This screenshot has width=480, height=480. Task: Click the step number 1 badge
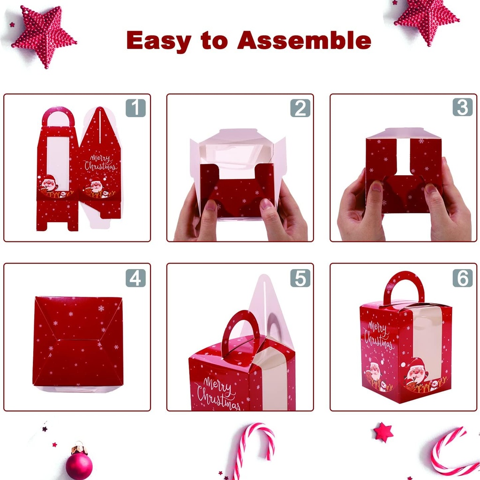pyautogui.click(x=135, y=108)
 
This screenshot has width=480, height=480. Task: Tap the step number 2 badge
pyautogui.click(x=300, y=108)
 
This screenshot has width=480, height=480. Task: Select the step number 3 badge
pyautogui.click(x=462, y=108)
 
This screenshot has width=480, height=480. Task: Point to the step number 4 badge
pyautogui.click(x=135, y=278)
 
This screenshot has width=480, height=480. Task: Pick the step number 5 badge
pyautogui.click(x=300, y=278)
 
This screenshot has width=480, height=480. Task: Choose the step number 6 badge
pyautogui.click(x=462, y=278)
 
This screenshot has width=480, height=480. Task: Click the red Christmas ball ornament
pyautogui.click(x=79, y=464)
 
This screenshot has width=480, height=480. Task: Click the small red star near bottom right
pyautogui.click(x=383, y=432)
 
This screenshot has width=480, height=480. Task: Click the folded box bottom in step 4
pyautogui.click(x=78, y=341)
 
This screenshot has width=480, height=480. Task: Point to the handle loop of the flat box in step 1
pyautogui.click(x=58, y=115)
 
